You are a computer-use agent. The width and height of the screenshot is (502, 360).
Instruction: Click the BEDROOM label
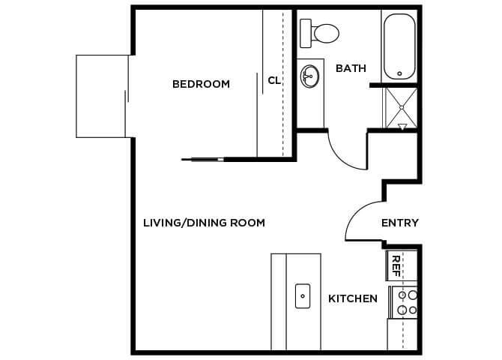(201, 84)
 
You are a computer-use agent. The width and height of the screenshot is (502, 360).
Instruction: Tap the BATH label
(351, 68)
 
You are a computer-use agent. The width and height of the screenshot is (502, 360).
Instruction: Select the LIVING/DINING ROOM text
(204, 223)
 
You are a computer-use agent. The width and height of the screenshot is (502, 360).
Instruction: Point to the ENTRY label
(399, 223)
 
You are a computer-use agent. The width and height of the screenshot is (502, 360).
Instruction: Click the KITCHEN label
(353, 298)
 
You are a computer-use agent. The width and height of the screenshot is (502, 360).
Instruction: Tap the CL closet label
(274, 80)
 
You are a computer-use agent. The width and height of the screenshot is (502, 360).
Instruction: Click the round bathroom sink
(309, 75)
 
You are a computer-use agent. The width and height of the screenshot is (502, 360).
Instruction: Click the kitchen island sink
(303, 295)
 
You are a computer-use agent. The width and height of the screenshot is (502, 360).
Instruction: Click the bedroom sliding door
(202, 159)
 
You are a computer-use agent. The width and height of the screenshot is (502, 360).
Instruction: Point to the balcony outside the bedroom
(103, 95)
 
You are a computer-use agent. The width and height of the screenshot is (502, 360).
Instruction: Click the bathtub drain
(399, 73)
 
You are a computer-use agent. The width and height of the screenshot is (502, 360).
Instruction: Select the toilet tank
(306, 32)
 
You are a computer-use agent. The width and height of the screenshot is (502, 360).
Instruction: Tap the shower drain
(401, 107)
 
